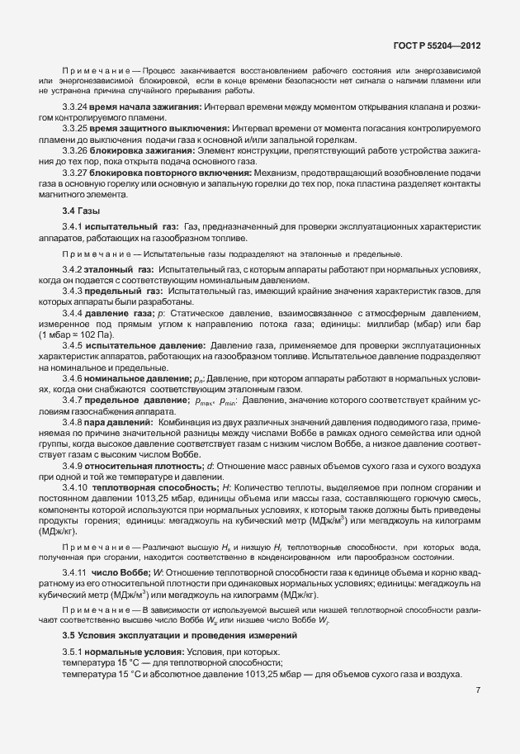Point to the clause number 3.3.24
pos(76,108)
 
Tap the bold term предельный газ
pos(126,292)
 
